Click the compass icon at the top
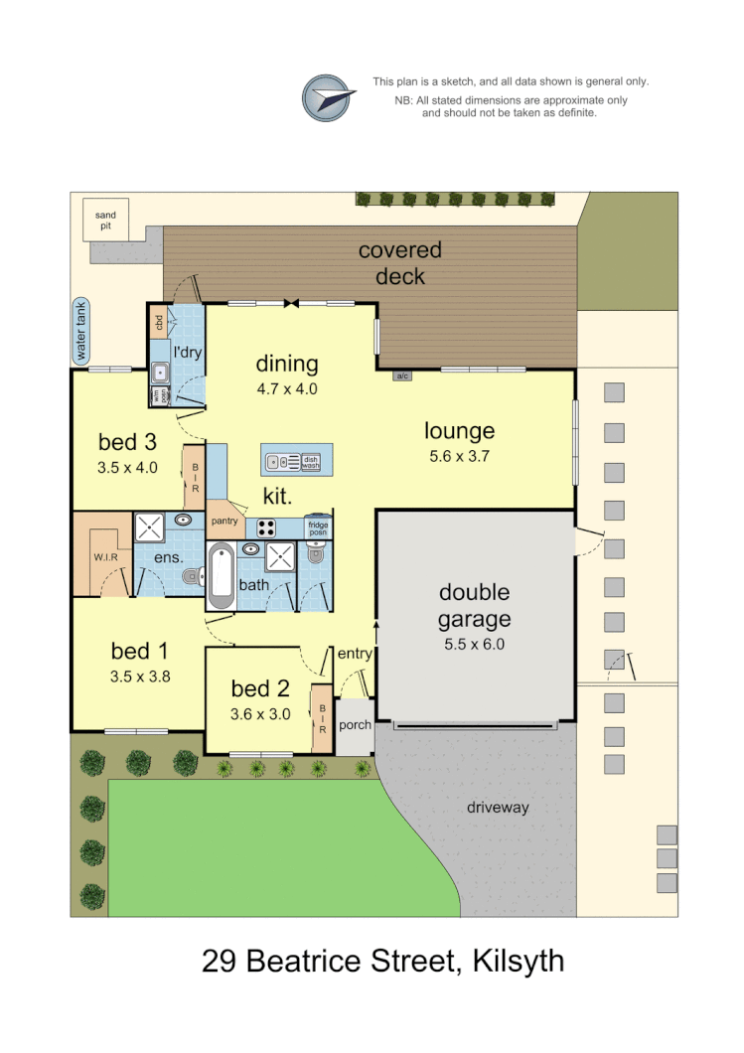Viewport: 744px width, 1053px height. [328, 97]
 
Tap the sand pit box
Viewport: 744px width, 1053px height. [105, 220]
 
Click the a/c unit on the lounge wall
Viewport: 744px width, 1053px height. [402, 376]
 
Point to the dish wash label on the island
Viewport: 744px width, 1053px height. [310, 461]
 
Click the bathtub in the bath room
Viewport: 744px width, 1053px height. [221, 575]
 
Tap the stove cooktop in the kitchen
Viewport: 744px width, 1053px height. [267, 527]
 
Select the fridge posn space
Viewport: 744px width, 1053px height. [318, 528]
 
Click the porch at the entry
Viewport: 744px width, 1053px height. [355, 726]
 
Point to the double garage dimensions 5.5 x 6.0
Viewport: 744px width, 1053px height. [474, 644]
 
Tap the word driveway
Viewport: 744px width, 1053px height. [498, 807]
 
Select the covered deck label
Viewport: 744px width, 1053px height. [399, 263]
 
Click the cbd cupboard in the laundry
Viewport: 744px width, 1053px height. [159, 322]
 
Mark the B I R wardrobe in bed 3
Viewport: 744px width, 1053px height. [195, 478]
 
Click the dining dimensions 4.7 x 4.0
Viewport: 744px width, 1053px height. [286, 388]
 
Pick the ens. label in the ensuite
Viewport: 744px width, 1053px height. [168, 558]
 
